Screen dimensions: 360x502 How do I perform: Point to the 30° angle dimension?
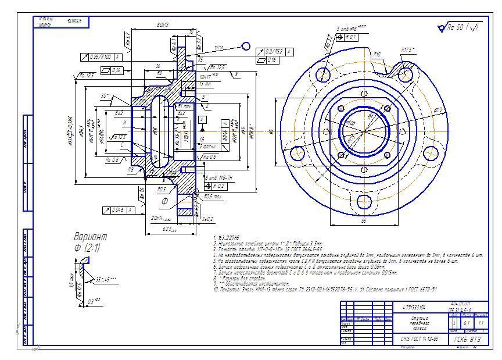click(105, 95)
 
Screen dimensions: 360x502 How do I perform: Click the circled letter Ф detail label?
click(164, 202)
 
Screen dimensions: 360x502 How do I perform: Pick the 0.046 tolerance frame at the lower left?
click(119, 209)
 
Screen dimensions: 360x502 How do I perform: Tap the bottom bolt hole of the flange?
click(364, 201)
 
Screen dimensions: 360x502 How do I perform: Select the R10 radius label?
click(377, 54)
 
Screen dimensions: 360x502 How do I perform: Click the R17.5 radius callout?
click(408, 50)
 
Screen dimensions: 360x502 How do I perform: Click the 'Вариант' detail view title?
click(90, 237)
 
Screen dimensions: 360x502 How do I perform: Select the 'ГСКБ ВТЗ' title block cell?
click(468, 338)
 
